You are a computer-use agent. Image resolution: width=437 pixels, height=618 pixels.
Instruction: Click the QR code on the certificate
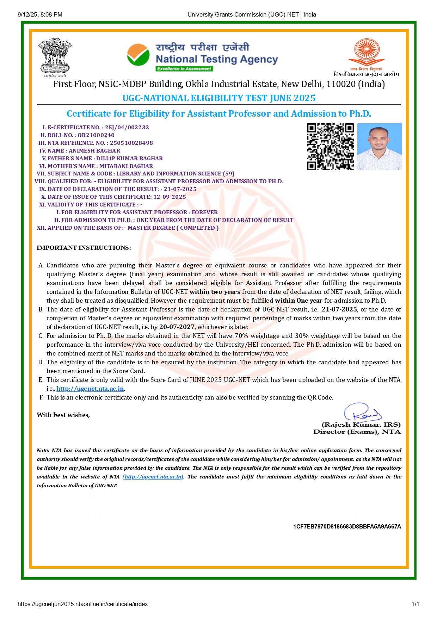(x=331, y=147)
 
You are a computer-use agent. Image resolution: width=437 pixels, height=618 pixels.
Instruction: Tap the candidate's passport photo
(x=379, y=147)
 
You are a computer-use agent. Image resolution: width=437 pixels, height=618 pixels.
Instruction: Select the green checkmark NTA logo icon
(x=138, y=55)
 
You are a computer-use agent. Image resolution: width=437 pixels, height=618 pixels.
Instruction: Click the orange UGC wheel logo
(x=367, y=52)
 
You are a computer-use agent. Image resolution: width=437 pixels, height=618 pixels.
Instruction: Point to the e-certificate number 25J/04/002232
(x=127, y=128)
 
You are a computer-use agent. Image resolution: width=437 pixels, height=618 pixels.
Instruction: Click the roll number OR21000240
(x=96, y=135)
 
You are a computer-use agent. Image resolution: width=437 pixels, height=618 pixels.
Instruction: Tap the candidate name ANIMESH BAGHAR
(x=94, y=151)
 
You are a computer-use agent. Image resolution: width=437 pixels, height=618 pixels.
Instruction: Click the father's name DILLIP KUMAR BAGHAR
(x=129, y=159)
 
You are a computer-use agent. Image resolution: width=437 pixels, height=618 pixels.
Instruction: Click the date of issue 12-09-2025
(x=170, y=197)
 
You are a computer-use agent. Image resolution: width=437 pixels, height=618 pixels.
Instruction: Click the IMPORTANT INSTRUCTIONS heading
(x=84, y=248)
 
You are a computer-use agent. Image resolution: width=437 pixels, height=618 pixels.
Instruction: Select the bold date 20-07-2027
(x=177, y=327)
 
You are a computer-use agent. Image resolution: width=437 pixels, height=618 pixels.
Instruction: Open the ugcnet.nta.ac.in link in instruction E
(x=90, y=389)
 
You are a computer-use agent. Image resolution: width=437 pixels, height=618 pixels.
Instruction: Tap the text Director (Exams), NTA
(x=357, y=432)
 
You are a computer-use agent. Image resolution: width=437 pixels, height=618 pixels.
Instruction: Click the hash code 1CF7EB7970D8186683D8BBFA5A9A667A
(x=347, y=527)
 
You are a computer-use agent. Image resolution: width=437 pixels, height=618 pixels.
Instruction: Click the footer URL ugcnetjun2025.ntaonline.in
(x=82, y=604)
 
